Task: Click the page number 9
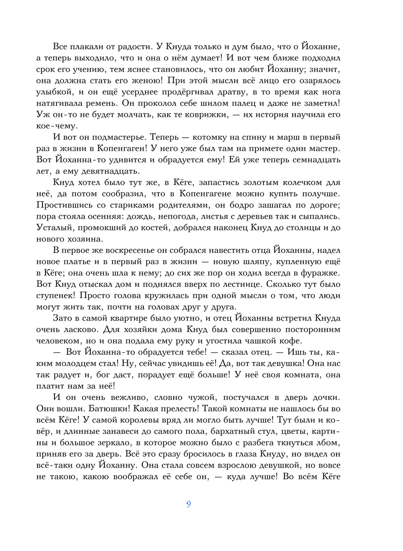pyautogui.click(x=189, y=504)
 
